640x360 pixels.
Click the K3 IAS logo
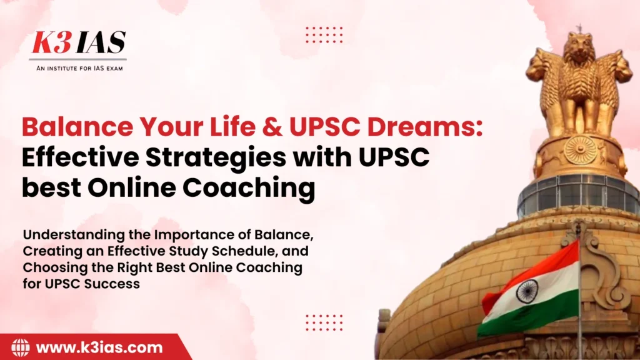click(x=79, y=43)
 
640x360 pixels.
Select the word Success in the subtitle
click(x=116, y=283)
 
